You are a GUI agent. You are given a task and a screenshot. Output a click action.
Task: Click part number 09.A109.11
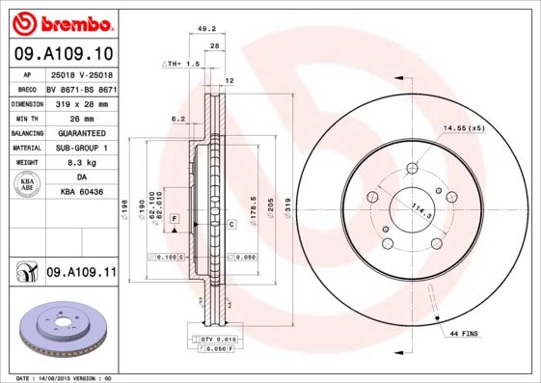(81, 274)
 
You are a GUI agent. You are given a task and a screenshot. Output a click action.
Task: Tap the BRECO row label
(28, 87)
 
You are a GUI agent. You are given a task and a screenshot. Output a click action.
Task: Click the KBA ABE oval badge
(28, 185)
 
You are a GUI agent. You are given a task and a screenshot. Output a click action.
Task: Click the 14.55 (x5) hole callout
(463, 127)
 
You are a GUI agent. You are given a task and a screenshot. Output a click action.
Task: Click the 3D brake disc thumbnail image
(59, 329)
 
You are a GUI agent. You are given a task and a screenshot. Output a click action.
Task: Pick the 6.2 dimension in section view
(177, 119)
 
